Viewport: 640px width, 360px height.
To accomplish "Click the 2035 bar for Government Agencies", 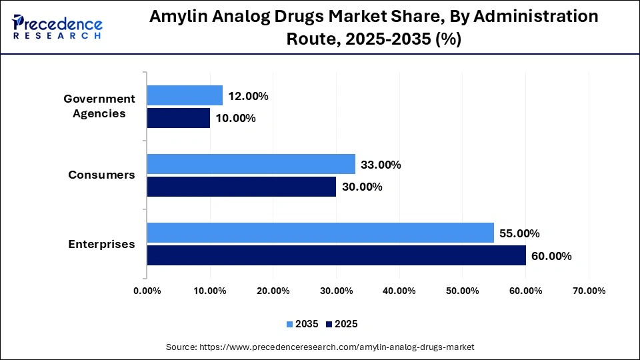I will click(x=185, y=95).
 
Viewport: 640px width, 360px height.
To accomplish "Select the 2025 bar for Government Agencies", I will click(x=178, y=118).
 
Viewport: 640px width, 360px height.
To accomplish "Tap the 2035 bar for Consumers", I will click(x=251, y=164).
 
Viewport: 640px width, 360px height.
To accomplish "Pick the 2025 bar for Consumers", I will click(x=241, y=187).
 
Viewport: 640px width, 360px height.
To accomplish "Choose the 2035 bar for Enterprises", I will click(x=320, y=233).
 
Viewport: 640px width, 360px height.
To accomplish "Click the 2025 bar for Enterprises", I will click(x=336, y=255).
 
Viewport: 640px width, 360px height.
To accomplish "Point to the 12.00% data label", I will click(x=248, y=96).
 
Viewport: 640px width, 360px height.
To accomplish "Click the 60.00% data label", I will click(x=551, y=256).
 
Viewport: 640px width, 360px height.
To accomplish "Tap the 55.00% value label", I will click(x=519, y=233).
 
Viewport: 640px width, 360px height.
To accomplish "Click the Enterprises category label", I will click(x=101, y=244).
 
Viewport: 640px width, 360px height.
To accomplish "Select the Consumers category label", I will click(x=101, y=175).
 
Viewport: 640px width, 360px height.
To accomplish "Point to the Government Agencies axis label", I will click(x=99, y=106).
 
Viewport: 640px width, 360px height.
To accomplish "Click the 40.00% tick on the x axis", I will click(x=399, y=291).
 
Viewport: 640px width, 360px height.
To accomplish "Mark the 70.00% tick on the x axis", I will click(x=589, y=291).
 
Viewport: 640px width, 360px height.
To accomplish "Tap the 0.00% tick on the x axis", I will click(x=147, y=291).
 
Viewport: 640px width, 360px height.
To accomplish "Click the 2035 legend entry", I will click(x=303, y=324).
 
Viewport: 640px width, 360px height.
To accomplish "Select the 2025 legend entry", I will click(x=342, y=324).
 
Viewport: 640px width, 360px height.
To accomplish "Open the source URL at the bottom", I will click(x=319, y=347).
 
